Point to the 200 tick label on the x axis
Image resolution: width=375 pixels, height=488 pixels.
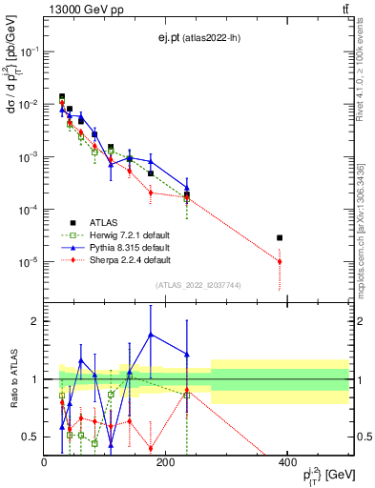tap(166, 462)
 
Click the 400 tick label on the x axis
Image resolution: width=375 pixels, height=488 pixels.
tap(287, 462)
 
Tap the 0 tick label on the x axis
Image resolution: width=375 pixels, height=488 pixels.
tap(45, 462)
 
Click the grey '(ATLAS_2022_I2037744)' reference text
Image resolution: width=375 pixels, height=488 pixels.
tap(198, 285)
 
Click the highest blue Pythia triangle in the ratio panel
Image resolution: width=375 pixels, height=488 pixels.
tap(151, 335)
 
